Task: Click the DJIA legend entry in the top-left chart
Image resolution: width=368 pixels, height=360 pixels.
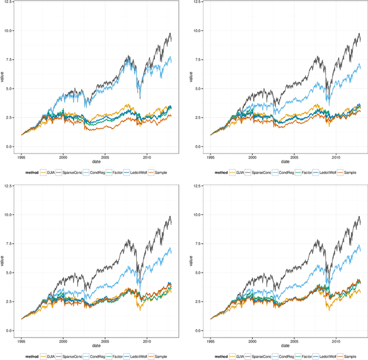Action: pyautogui.click(x=50, y=172)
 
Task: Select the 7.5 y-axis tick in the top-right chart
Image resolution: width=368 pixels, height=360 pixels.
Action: pyautogui.click(x=198, y=60)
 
